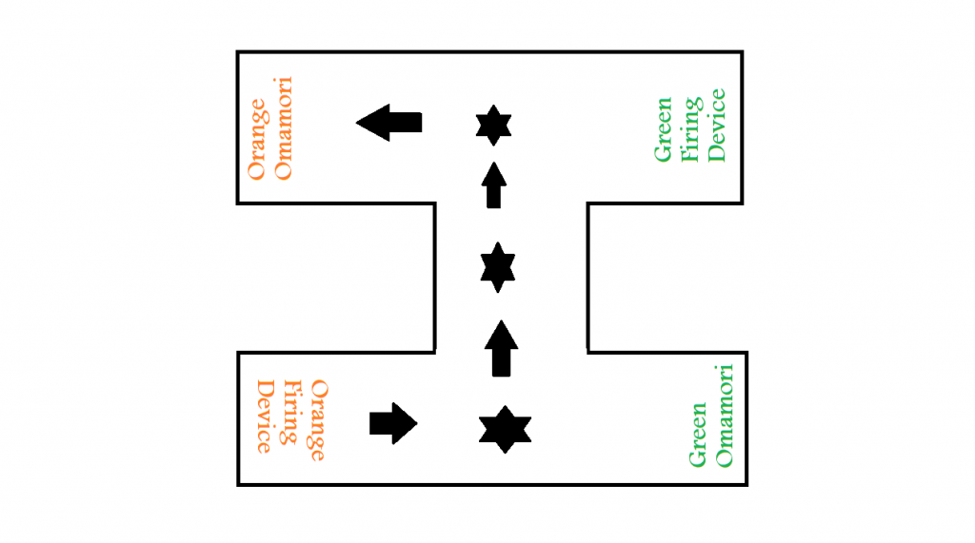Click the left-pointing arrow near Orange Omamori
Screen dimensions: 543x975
tap(388, 123)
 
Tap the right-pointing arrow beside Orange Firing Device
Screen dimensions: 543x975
tap(392, 422)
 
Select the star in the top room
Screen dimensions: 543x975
tap(493, 126)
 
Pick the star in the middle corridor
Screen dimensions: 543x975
tap(497, 267)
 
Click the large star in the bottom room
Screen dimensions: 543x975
tap(504, 429)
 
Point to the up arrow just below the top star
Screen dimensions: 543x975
tap(493, 184)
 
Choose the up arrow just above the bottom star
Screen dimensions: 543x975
tap(502, 348)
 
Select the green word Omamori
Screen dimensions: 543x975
tap(726, 416)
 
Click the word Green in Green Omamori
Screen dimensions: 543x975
tap(698, 436)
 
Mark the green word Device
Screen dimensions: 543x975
tap(717, 125)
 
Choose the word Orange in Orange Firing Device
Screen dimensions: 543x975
tap(318, 419)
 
